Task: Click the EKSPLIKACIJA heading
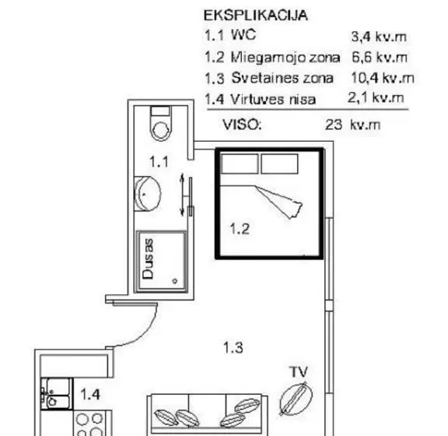click(256, 16)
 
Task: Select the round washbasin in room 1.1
click(147, 194)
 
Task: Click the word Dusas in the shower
click(148, 259)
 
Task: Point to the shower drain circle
click(175, 281)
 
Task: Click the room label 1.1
click(159, 162)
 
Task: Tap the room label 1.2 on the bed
click(240, 229)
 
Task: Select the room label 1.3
click(233, 347)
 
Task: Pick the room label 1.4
click(90, 395)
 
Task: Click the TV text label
click(299, 371)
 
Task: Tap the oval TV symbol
click(296, 398)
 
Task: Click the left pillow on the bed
click(240, 163)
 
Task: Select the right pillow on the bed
click(279, 163)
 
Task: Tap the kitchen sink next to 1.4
click(55, 394)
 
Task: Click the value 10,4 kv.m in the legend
click(383, 78)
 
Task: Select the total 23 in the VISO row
click(334, 125)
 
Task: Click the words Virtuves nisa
click(273, 100)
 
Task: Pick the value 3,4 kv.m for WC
click(379, 37)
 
